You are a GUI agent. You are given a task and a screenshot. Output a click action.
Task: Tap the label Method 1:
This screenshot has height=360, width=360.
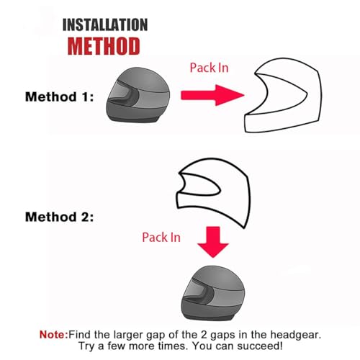[59, 96]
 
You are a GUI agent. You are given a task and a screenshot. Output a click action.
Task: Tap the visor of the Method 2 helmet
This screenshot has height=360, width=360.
[189, 284]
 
